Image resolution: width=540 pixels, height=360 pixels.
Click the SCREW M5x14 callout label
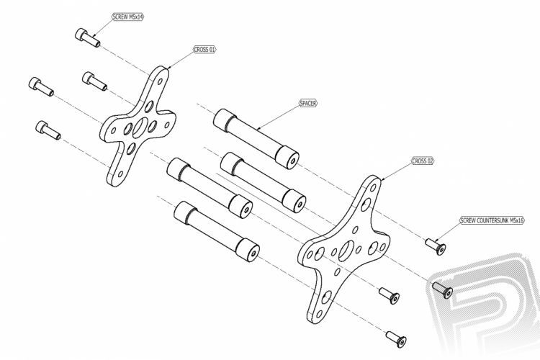(127, 17)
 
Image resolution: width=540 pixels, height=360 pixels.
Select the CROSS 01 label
(204, 50)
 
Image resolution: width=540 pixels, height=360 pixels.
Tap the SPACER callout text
(308, 103)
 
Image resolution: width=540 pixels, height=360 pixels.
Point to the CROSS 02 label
(423, 161)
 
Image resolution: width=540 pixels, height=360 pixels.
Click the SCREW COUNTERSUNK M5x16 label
(492, 220)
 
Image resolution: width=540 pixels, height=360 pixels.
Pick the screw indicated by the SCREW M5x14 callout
(87, 37)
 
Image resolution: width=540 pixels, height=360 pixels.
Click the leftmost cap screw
(41, 86)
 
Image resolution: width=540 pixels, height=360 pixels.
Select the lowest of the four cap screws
(48, 130)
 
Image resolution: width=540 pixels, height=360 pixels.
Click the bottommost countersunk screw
(396, 339)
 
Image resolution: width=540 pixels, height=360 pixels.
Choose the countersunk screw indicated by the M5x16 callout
(436, 246)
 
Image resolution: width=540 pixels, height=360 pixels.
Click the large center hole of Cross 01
(140, 127)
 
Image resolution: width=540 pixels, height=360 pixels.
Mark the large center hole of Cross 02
(346, 251)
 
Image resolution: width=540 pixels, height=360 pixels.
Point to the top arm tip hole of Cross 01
(160, 81)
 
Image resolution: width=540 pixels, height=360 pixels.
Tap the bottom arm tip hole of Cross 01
(120, 174)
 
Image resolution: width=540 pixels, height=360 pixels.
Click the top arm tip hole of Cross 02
(373, 188)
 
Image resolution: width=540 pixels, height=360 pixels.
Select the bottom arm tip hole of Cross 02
(319, 314)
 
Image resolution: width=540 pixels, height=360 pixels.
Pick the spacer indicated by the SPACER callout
(256, 139)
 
